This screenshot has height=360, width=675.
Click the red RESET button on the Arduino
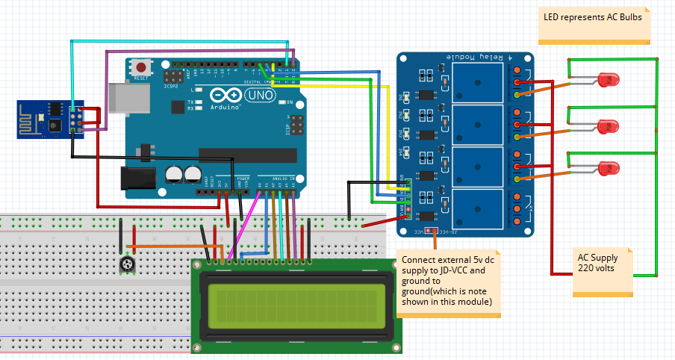[x=141, y=67]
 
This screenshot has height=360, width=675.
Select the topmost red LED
[x=609, y=79]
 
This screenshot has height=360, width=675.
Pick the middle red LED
[x=609, y=125]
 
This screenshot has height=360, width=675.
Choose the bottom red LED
[x=609, y=170]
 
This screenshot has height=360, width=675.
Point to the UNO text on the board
[x=260, y=96]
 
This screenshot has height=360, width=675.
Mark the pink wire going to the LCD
[x=245, y=223]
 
